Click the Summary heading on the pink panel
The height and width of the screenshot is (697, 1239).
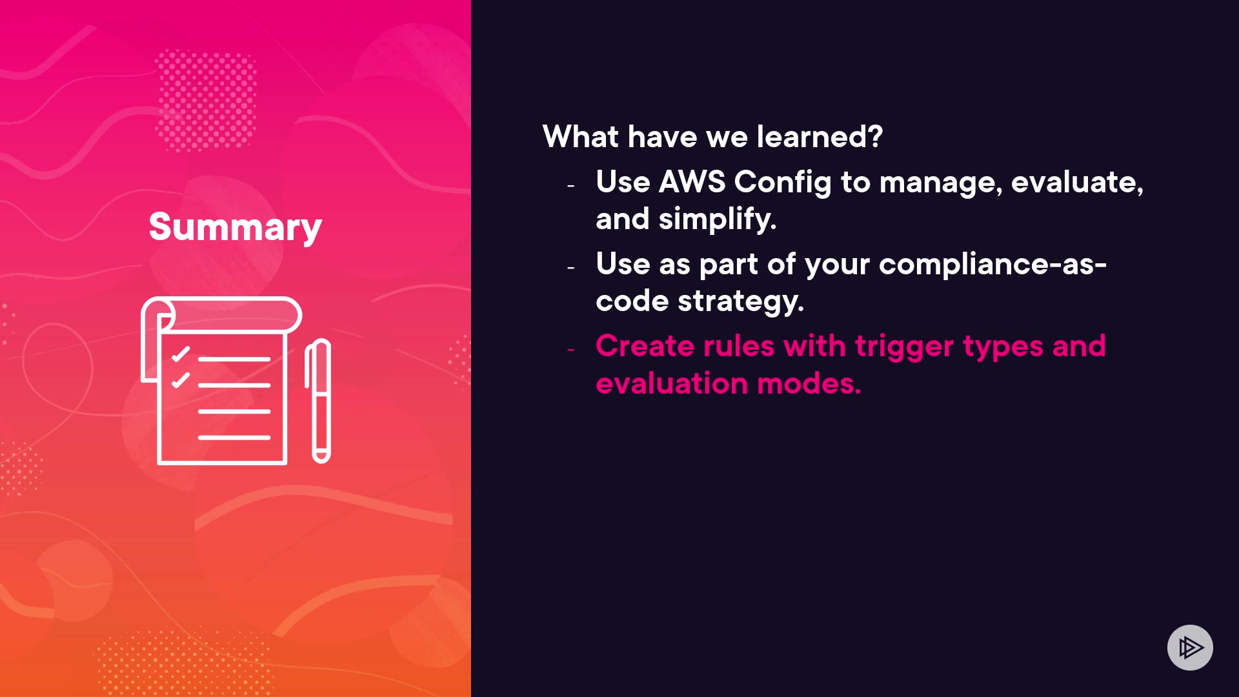tap(235, 227)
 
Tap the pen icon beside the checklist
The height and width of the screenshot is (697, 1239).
tap(318, 401)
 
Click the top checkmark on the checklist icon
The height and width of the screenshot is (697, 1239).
tap(181, 354)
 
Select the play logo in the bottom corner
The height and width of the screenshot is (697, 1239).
tap(1190, 647)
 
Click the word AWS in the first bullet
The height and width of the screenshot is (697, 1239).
tap(692, 182)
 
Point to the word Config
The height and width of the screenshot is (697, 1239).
tap(783, 183)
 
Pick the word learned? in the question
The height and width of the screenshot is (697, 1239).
tap(820, 136)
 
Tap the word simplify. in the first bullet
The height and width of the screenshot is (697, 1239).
tap(718, 219)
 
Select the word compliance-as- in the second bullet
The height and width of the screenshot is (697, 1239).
tap(992, 265)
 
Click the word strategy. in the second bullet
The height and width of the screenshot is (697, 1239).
tap(741, 301)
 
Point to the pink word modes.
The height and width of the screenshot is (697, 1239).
tap(809, 383)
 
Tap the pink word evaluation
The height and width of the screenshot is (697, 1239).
tap(672, 383)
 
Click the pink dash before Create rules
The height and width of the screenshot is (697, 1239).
tap(570, 349)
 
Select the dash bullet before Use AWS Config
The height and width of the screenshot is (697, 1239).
tap(570, 186)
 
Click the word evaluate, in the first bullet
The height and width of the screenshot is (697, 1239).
tap(1077, 183)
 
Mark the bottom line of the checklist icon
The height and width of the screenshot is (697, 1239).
tap(234, 438)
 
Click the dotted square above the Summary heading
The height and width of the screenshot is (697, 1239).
tap(206, 99)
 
